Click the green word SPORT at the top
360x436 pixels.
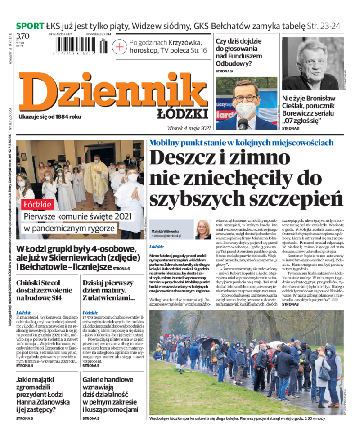pyautogui.click(x=30, y=26)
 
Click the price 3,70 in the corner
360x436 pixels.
pyautogui.click(x=23, y=36)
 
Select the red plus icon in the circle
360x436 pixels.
pyautogui.click(x=120, y=46)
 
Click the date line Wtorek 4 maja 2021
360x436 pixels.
pyautogui.click(x=189, y=128)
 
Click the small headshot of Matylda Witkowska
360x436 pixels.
pyautogui.click(x=203, y=229)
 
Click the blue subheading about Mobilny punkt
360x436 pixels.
pyautogui.click(x=241, y=143)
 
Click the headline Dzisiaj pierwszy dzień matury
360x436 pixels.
pyautogui.click(x=108, y=290)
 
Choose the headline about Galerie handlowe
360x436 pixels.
pyautogui.click(x=111, y=394)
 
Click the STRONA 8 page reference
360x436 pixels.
pyautogui.click(x=25, y=418)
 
